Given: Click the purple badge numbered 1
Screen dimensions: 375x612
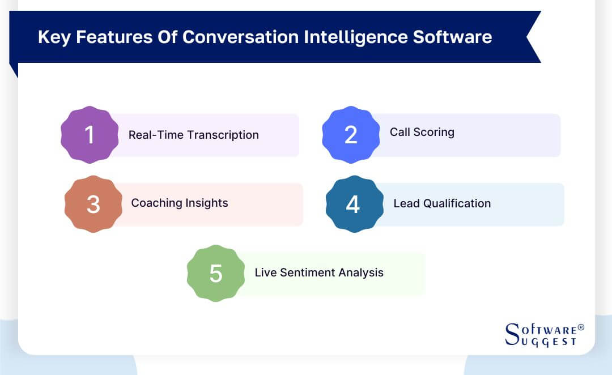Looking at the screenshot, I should click(x=90, y=135).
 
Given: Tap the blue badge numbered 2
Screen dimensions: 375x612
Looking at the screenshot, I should click(x=351, y=135).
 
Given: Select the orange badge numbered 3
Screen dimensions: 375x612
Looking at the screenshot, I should click(x=93, y=204).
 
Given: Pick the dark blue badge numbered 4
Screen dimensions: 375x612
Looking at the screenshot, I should click(x=354, y=204).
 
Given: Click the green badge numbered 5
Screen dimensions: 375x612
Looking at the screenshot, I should click(x=216, y=273).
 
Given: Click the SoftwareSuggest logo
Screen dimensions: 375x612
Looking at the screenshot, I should click(x=543, y=335).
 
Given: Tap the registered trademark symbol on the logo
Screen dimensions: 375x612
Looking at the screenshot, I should click(x=581, y=328).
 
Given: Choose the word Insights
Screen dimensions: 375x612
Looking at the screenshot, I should click(x=207, y=203).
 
